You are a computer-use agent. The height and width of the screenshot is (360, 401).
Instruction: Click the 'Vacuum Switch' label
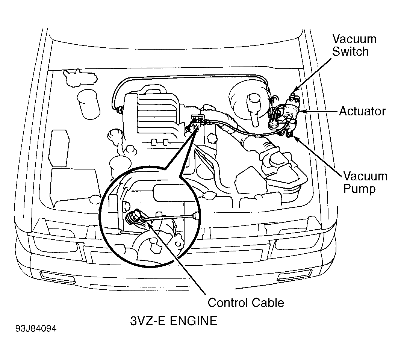(354, 45)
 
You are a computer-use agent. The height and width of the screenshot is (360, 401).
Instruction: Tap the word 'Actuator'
(362, 111)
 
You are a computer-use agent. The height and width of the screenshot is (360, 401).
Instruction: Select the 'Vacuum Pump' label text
(365, 183)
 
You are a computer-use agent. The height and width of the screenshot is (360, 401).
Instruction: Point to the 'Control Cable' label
(246, 303)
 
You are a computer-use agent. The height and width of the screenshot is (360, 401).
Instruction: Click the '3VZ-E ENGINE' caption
(174, 321)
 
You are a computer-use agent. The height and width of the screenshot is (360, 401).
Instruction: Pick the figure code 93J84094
(36, 328)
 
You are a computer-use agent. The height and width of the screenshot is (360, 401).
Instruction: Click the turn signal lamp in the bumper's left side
(58, 278)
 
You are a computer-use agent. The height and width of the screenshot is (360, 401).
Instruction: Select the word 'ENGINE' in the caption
(194, 321)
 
